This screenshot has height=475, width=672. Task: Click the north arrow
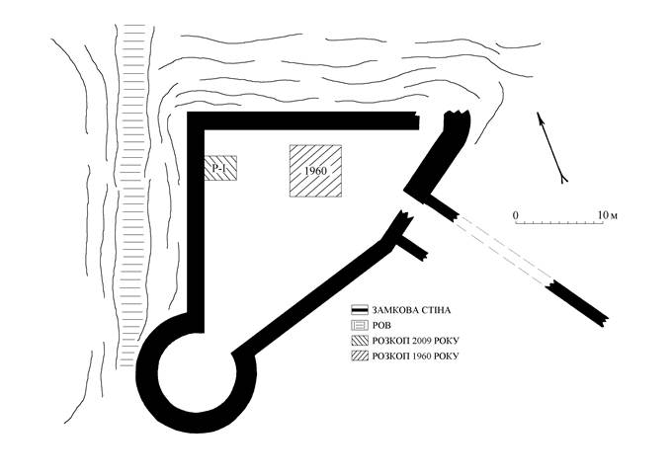552,148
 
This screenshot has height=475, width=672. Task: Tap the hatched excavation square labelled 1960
315,171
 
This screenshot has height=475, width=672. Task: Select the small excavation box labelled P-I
220,168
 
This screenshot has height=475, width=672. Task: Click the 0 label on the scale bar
516,215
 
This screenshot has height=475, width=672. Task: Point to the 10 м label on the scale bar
608,215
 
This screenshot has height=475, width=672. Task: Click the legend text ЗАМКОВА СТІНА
411,310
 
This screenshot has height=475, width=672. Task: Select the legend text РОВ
381,326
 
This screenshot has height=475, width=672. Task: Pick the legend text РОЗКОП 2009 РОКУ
415,341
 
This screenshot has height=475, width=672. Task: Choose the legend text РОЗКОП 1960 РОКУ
415,356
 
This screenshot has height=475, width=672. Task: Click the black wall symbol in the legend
360,310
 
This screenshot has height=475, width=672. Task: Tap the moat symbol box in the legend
360,325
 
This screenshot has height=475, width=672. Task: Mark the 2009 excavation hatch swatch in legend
360,341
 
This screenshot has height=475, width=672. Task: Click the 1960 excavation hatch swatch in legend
360,356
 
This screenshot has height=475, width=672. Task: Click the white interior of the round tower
197,372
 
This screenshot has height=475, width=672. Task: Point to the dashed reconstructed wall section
504,250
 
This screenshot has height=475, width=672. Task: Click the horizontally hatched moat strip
132,195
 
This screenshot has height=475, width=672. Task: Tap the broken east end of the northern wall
416,120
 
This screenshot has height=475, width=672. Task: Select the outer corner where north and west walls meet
188,113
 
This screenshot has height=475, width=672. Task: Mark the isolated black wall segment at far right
576,304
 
